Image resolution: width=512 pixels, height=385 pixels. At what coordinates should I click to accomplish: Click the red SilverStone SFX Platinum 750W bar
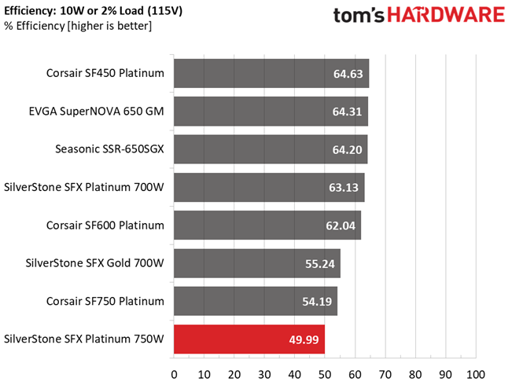249,339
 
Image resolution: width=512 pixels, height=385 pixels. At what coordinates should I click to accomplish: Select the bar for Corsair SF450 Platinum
271,74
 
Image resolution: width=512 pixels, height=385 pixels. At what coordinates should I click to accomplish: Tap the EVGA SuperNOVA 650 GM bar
271,112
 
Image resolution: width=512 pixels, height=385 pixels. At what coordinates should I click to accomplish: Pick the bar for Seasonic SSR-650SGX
271,149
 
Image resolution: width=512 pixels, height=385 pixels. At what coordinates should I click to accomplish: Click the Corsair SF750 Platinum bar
256,301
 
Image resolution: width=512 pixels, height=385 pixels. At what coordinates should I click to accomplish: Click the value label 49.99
303,339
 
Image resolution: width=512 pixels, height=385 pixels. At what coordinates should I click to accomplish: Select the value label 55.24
319,263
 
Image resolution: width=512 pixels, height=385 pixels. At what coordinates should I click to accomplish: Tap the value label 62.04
341,225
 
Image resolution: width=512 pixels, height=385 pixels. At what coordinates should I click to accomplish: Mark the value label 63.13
343,188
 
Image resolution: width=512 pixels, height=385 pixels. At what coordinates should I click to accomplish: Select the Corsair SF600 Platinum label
105,225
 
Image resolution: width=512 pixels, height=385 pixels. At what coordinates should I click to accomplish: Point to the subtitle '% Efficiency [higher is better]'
79,27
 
